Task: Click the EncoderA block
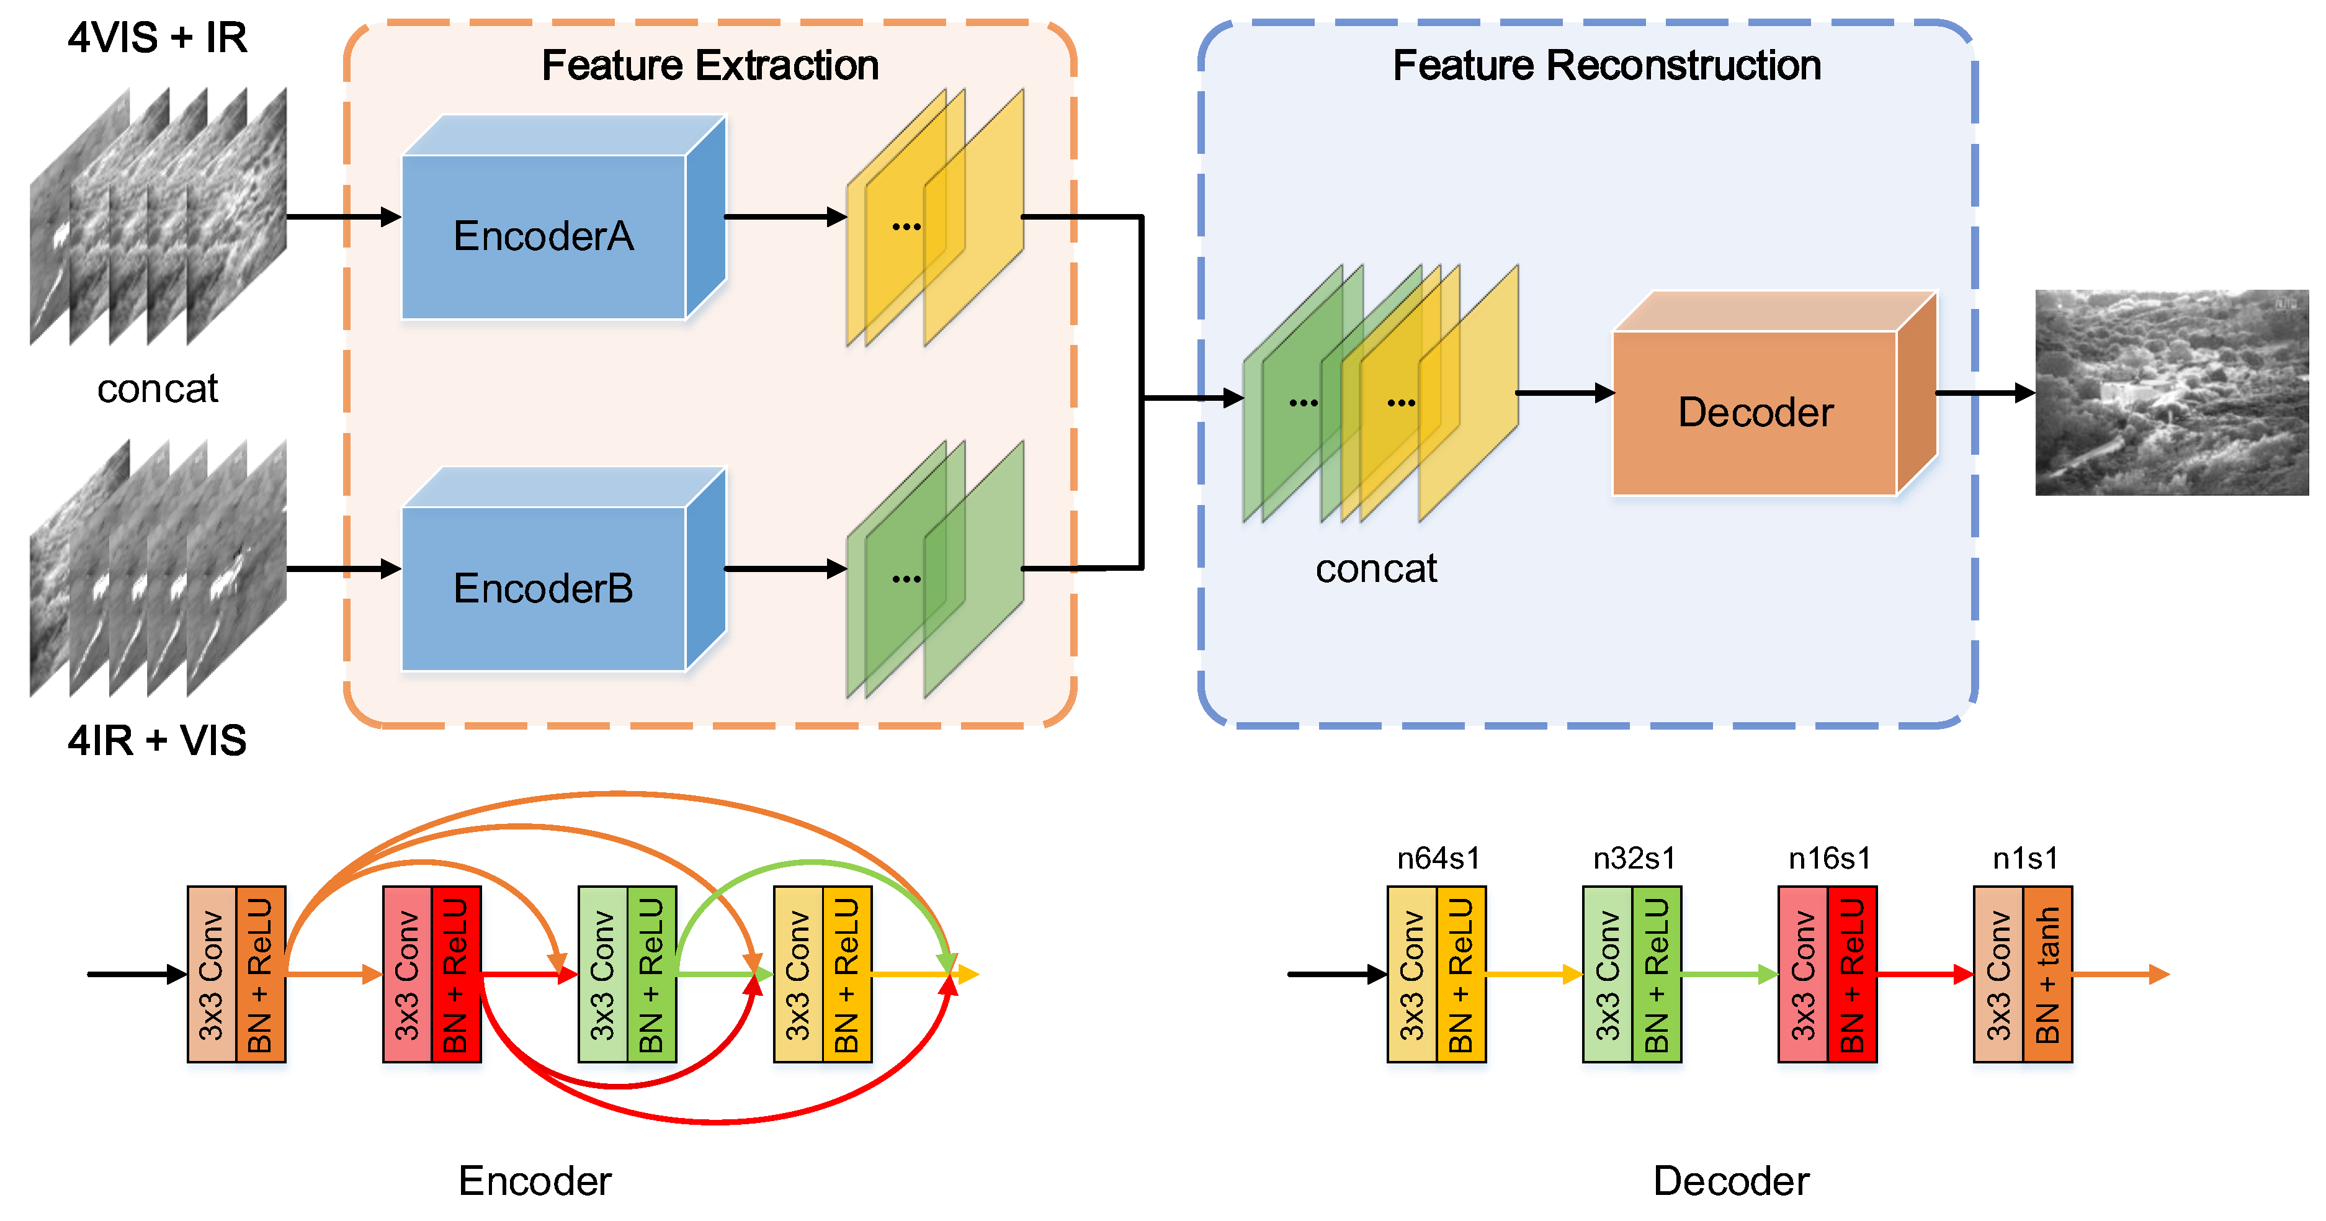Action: (543, 236)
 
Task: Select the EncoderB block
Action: (543, 589)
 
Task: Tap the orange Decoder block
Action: (1755, 413)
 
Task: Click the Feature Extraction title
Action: (710, 66)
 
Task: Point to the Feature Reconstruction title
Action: (1606, 66)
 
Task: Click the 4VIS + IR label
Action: (157, 38)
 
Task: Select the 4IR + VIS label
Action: (157, 741)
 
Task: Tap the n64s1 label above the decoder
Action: (1438, 858)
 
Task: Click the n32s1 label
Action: (1634, 858)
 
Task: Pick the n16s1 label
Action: (1830, 858)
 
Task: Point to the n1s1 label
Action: (2025, 858)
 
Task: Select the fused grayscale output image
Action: (2172, 393)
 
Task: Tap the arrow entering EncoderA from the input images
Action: (343, 217)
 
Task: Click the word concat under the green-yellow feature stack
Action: (1375, 569)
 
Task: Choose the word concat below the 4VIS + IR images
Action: (157, 389)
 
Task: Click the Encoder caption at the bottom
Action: (535, 1181)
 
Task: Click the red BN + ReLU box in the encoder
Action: (456, 975)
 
